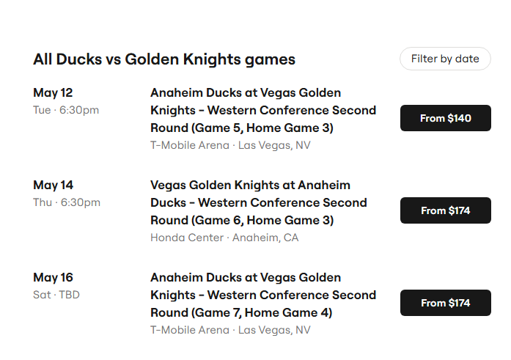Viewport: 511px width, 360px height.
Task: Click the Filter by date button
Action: tap(445, 59)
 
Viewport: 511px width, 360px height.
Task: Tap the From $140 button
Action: tap(446, 118)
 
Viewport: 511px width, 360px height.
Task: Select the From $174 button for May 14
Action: tap(446, 210)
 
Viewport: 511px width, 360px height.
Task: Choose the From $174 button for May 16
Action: tap(446, 303)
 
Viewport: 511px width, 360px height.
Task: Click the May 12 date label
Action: tap(53, 93)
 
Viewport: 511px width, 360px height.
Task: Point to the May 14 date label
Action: tap(53, 185)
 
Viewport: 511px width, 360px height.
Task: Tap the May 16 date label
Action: tap(53, 278)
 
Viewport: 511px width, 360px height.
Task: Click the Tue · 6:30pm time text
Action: tap(66, 110)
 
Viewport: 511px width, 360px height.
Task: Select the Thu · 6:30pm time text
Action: tap(67, 202)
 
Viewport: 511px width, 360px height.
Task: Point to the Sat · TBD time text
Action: tap(56, 295)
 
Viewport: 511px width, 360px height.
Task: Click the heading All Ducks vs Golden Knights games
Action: tap(164, 59)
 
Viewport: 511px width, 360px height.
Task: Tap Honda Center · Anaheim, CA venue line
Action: tap(224, 238)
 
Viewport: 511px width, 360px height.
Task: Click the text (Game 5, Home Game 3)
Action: tap(262, 128)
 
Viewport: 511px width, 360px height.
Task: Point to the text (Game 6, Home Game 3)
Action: tap(262, 220)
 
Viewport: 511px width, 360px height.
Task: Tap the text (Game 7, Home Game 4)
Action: tap(262, 313)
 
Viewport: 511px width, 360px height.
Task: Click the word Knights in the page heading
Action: tap(211, 59)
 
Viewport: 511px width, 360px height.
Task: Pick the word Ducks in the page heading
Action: tap(79, 59)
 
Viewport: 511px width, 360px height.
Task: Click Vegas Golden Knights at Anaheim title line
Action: tap(250, 185)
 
